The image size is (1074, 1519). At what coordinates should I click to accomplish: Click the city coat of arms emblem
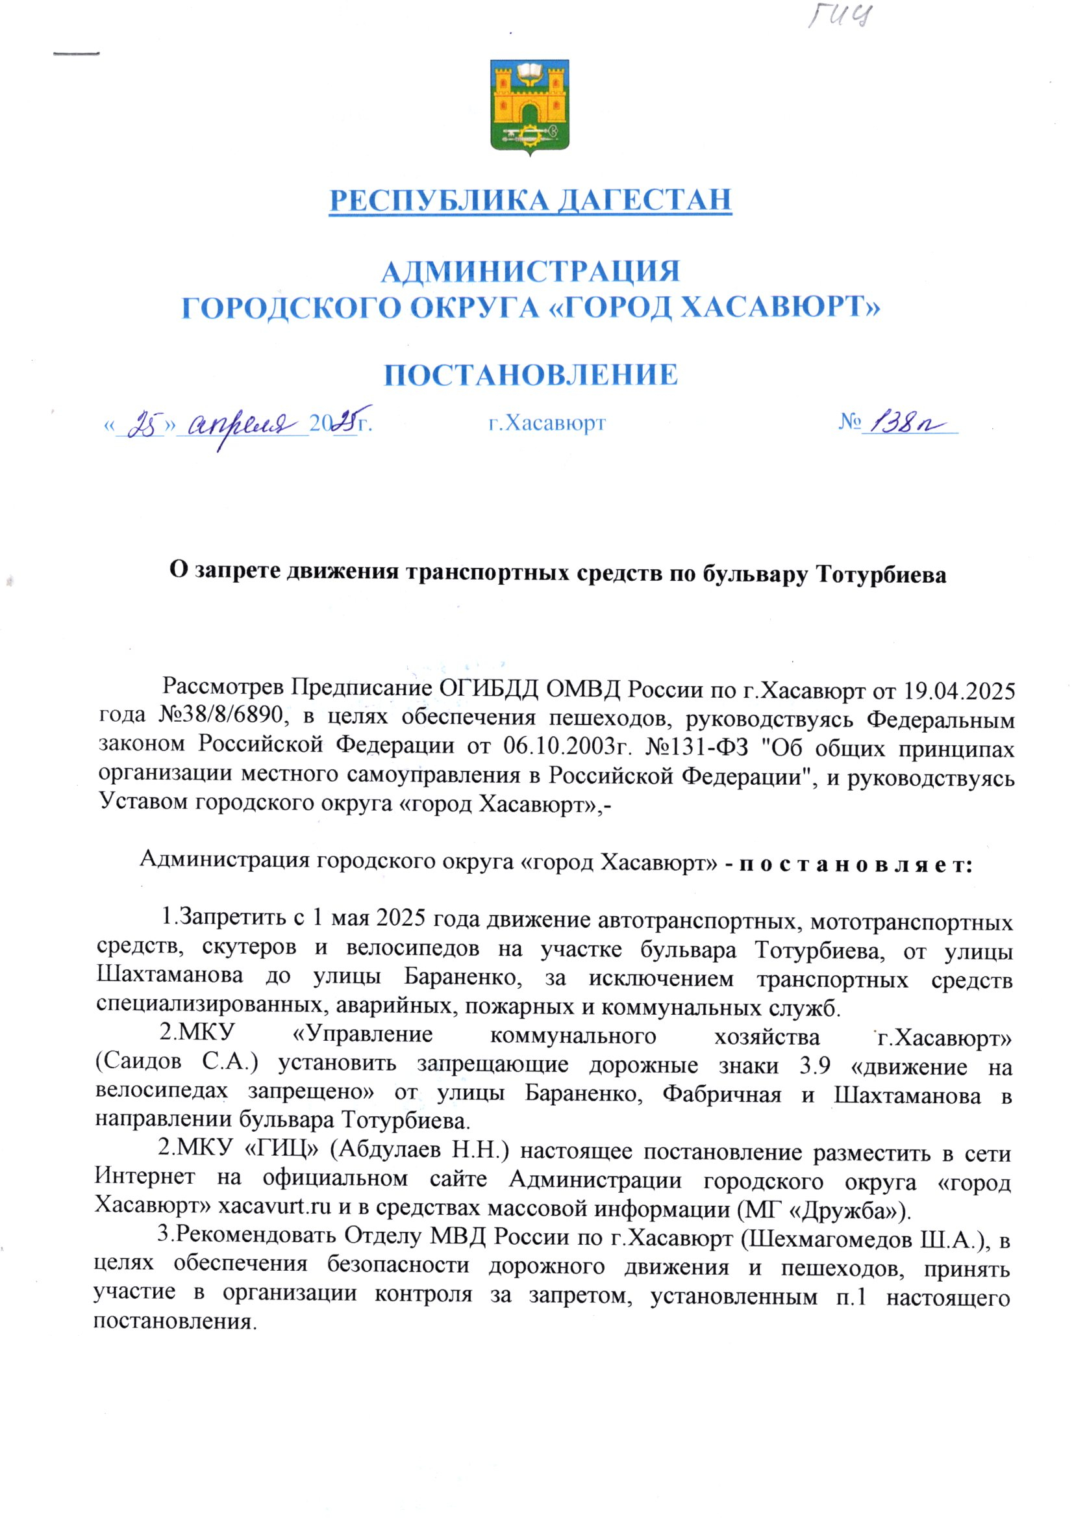tap(529, 107)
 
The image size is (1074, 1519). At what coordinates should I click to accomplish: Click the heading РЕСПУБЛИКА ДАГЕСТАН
tap(531, 201)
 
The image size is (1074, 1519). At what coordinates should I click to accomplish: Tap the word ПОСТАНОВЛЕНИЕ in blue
tap(531, 375)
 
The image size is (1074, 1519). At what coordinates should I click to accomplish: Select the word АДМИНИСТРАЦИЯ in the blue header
tap(531, 272)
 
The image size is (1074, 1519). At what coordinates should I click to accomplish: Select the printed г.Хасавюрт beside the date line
tap(547, 423)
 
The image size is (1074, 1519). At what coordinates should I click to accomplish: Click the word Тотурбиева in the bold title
tap(882, 574)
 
